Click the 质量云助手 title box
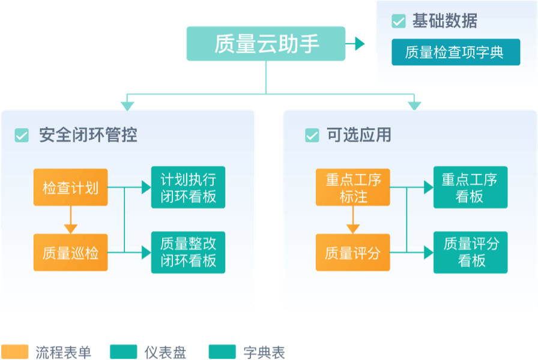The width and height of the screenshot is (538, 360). point(266,44)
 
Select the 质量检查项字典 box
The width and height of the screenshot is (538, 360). point(456,52)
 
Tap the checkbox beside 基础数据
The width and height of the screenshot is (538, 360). point(398,22)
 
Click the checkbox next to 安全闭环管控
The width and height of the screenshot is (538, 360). point(22,136)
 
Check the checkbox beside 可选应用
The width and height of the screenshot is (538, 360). point(312,136)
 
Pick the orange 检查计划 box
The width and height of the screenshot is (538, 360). point(71,188)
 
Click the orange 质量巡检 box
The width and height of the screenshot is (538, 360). point(71,253)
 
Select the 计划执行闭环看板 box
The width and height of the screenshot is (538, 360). point(188,187)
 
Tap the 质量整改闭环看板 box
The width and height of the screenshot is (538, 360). point(188,252)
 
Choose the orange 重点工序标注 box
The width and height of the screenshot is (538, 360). point(353,188)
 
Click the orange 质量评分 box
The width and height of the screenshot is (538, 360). point(353,253)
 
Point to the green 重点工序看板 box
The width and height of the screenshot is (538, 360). point(470,187)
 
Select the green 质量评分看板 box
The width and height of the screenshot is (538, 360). point(470,252)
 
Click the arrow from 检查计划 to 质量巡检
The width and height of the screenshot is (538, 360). point(71,220)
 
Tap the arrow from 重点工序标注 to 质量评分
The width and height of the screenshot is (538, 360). point(353,220)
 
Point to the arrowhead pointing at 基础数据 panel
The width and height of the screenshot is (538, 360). point(360,44)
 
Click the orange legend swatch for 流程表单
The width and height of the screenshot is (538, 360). point(15,352)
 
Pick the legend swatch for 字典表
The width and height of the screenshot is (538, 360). point(222,352)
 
